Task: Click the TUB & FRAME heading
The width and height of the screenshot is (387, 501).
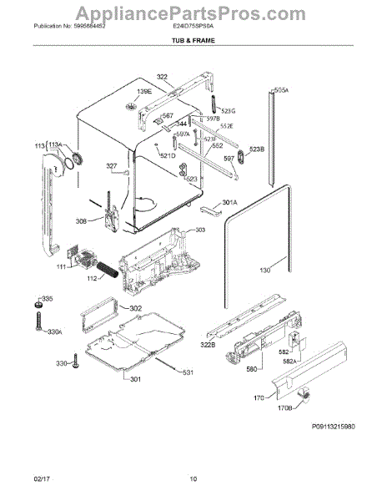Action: (x=193, y=63)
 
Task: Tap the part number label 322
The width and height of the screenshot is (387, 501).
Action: (x=162, y=77)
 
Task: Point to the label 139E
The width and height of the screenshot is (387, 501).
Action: (x=144, y=92)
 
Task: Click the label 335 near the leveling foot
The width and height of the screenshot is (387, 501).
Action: (x=47, y=298)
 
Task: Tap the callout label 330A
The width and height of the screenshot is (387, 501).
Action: (x=54, y=332)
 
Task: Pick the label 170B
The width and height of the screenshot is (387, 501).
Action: (x=285, y=409)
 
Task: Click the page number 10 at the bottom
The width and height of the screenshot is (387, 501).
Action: (x=193, y=479)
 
